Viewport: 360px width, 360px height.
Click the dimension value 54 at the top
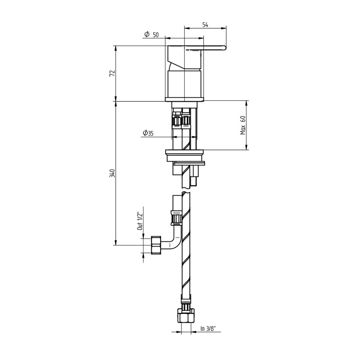click(205, 25)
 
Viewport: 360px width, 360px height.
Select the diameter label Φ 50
click(151, 35)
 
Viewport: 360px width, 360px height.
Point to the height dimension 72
click(112, 73)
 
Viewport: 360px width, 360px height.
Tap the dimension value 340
click(112, 173)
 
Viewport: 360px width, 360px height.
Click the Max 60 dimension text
click(244, 125)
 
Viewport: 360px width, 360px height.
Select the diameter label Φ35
click(148, 133)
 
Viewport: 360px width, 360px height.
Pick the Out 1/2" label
click(139, 221)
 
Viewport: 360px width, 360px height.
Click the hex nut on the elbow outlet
click(155, 245)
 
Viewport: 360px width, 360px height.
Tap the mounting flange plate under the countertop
click(186, 152)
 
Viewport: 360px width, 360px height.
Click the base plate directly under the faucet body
click(186, 100)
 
